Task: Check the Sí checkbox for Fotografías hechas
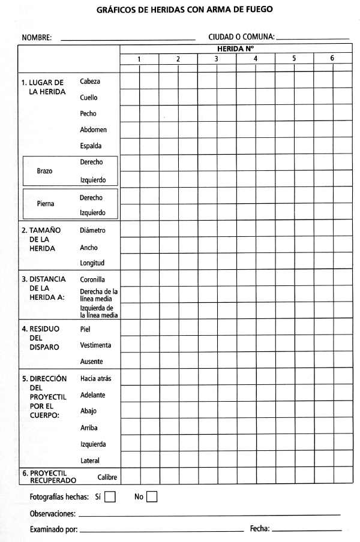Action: pos(110,496)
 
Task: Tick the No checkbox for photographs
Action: pos(152,496)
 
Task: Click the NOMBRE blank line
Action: pos(128,39)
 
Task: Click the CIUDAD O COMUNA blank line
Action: pos(313,39)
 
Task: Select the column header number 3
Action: pos(217,59)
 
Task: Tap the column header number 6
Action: pos(332,59)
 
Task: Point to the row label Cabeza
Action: pos(90,81)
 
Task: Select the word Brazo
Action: pos(45,171)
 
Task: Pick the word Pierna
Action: pos(45,204)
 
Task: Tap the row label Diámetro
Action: pos(93,230)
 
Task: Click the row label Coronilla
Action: pos(93,279)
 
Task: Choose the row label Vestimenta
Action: pos(95,345)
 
